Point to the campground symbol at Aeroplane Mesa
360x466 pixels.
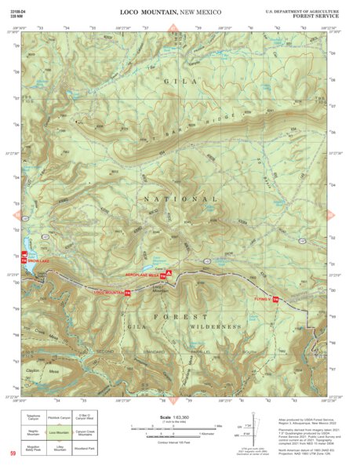pos(169,273)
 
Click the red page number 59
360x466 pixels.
pos(13,454)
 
